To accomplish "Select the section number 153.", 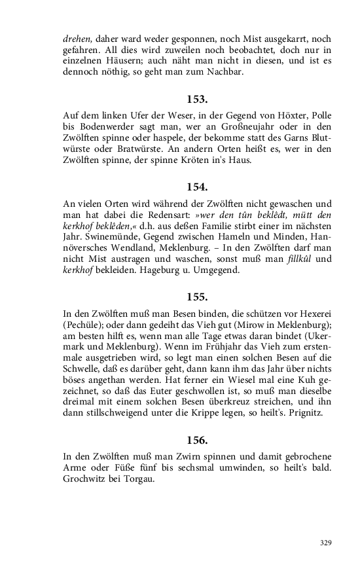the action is click(196, 99).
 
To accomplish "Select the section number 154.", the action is click(196, 187).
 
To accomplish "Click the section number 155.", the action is click(196, 297).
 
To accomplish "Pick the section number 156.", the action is click(196, 442).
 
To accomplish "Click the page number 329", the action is click(326, 543).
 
